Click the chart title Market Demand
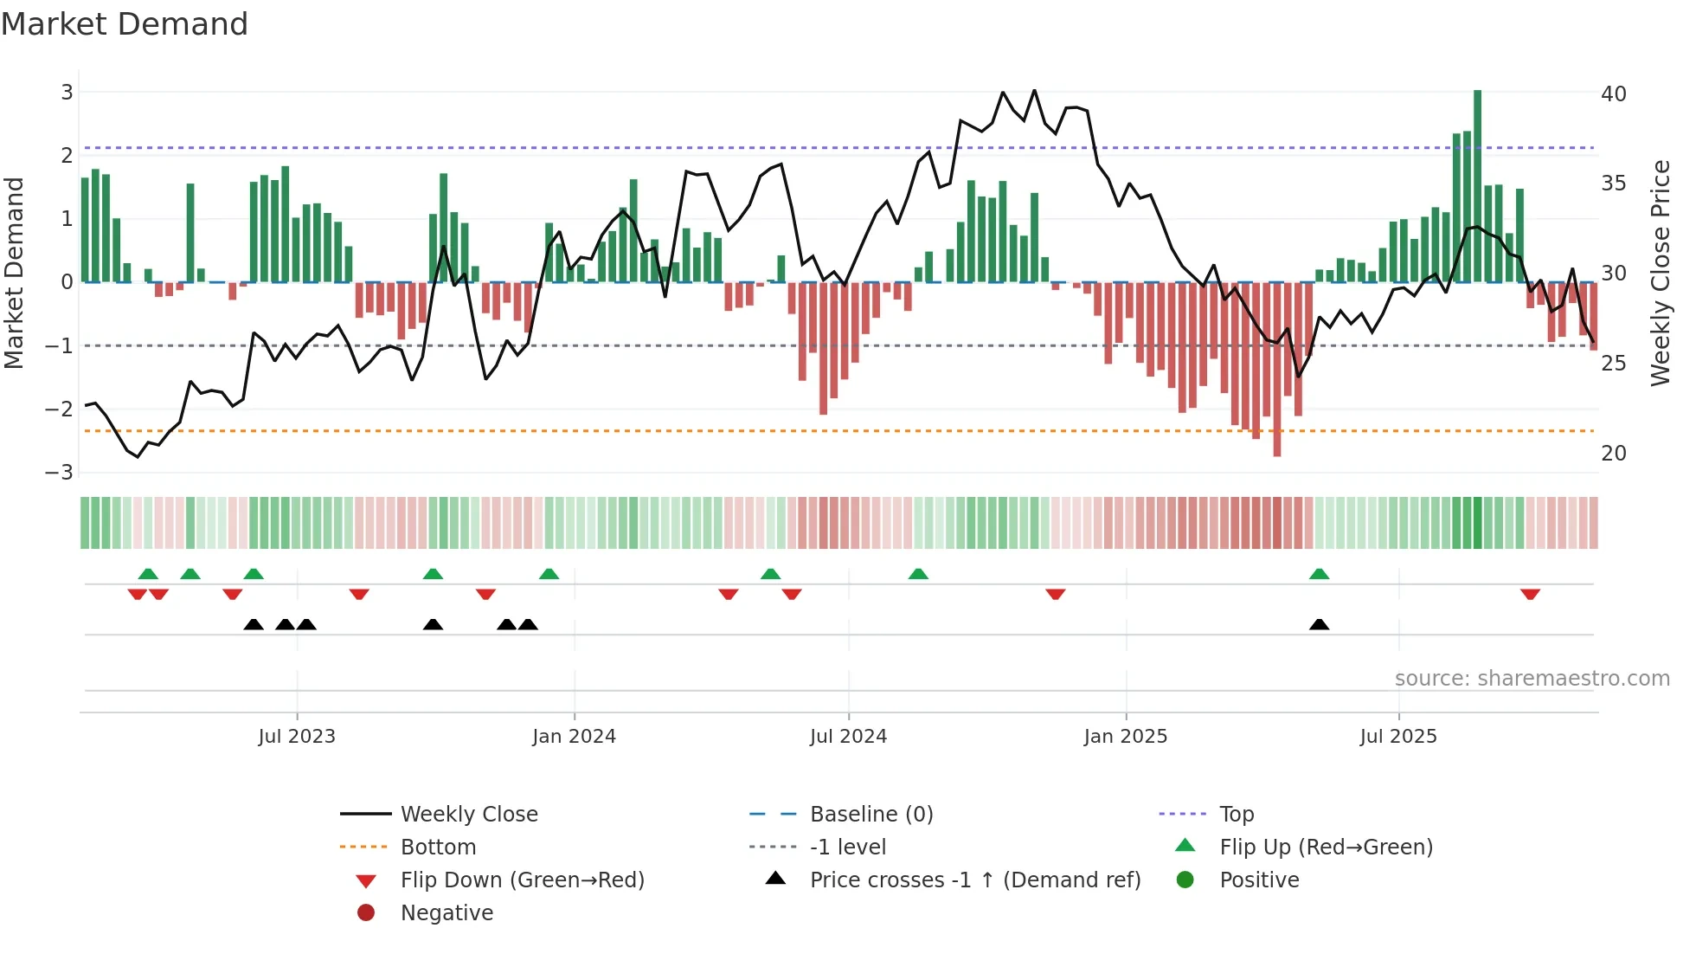click(125, 24)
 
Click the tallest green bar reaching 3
click(1477, 185)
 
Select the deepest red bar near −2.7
click(1277, 370)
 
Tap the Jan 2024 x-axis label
click(574, 737)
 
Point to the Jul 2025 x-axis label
click(1397, 737)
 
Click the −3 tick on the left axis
click(60, 473)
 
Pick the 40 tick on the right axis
click(1614, 93)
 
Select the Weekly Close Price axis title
click(1661, 273)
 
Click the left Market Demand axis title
click(14, 273)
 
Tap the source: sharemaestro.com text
click(1532, 679)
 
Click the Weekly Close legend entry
click(468, 815)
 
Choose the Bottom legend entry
click(438, 848)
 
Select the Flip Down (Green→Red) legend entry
click(522, 880)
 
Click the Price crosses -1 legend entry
click(974, 880)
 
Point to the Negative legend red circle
click(366, 913)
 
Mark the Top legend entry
click(1237, 815)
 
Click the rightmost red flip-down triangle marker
click(1530, 594)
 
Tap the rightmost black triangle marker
click(1319, 624)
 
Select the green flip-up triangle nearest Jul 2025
click(1319, 574)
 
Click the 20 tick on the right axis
click(1614, 454)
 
